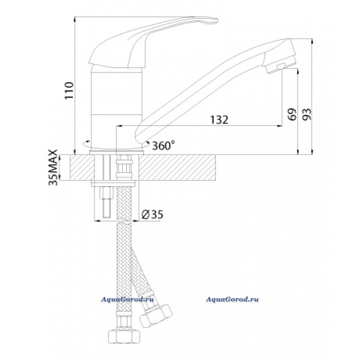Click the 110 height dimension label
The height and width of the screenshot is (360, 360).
[x=69, y=90]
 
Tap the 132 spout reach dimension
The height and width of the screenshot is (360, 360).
[x=219, y=120]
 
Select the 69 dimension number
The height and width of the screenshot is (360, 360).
[x=292, y=114]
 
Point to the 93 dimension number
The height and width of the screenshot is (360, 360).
[x=307, y=114]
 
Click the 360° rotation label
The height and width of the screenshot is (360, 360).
[x=164, y=146]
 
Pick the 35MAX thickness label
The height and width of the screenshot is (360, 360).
[x=53, y=167]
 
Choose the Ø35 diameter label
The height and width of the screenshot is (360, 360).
[x=152, y=214]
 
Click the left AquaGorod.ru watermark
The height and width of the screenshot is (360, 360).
[x=127, y=299]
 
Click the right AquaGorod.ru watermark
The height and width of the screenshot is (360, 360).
[x=232, y=299]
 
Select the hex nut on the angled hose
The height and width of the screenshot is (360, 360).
[x=156, y=316]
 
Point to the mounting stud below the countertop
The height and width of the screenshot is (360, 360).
[x=107, y=202]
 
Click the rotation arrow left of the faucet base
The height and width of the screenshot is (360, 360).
[x=86, y=144]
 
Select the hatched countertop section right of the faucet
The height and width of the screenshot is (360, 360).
[x=177, y=167]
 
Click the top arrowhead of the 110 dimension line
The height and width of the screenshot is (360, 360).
[x=75, y=20]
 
